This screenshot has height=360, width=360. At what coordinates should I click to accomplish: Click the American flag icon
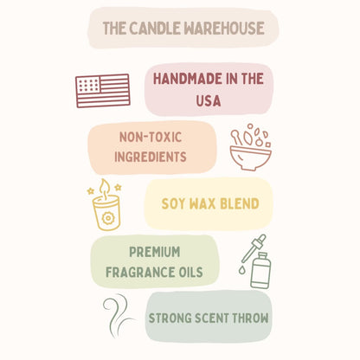coord(103,90)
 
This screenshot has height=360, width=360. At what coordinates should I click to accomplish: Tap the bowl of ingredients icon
coord(250,149)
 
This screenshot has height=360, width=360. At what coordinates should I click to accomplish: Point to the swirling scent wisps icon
coord(118,317)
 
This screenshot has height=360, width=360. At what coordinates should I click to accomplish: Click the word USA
coord(209,100)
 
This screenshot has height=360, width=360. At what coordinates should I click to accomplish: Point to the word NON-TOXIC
coord(152,136)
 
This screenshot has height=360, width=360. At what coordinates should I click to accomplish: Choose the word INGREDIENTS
coord(152,157)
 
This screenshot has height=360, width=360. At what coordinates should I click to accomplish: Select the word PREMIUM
coord(154,253)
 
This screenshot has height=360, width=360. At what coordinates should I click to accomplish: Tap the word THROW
coord(248,318)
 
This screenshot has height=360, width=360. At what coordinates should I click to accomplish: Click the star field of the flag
coord(89,85)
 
